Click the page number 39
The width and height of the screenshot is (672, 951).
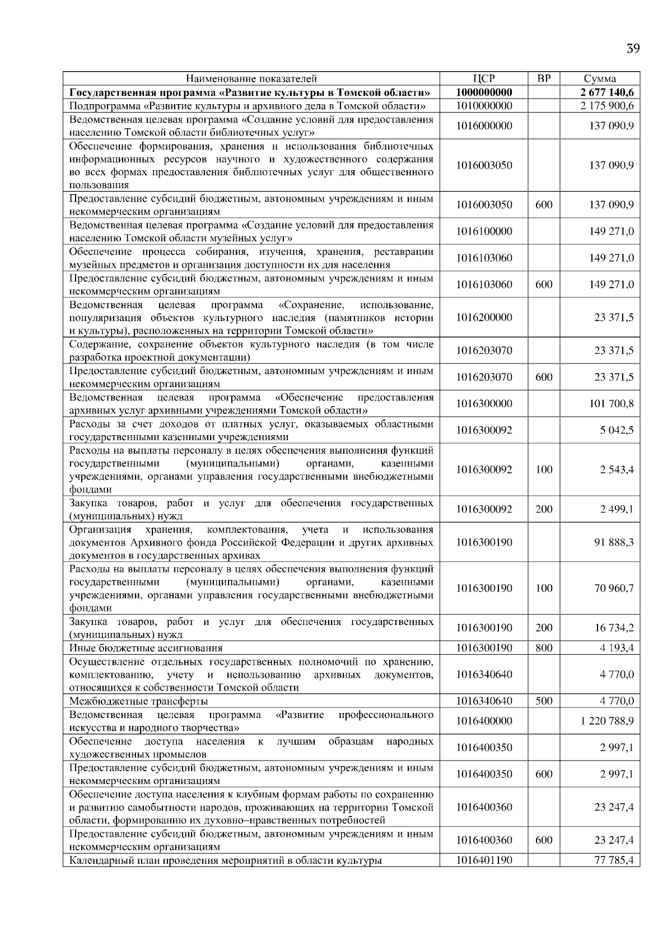633,48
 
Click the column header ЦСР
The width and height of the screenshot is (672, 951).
484,79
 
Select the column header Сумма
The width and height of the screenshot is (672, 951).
599,79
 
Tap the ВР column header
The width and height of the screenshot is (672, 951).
543,78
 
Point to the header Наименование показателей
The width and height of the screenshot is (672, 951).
251,79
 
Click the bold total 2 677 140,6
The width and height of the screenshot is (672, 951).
607,92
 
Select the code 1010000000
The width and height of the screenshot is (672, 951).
484,106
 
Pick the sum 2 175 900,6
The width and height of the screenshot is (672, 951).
607,106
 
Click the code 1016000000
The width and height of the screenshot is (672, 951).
484,126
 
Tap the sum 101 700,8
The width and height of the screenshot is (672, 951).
612,404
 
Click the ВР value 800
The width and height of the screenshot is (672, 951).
544,648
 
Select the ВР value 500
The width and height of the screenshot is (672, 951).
544,701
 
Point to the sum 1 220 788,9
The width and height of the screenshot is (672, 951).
607,721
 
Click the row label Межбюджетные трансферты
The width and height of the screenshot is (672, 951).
138,701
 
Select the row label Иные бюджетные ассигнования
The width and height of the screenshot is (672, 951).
146,648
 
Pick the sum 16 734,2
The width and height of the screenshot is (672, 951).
614,628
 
